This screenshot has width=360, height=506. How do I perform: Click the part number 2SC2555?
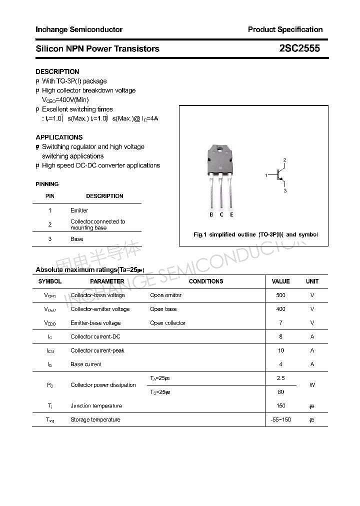(x=299, y=48)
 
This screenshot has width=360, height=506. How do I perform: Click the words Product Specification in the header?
(x=285, y=29)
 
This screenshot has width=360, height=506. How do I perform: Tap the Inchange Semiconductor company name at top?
(x=79, y=29)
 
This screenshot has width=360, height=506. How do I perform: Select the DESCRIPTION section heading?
(x=57, y=71)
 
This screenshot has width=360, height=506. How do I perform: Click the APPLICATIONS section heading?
(x=59, y=137)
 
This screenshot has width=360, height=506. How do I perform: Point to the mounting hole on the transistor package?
(x=220, y=149)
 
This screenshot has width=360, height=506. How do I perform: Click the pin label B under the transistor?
(x=211, y=214)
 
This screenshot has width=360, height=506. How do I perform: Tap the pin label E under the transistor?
(x=231, y=214)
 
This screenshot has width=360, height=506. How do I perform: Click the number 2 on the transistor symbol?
(x=284, y=160)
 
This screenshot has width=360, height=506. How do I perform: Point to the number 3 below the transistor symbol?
(x=284, y=191)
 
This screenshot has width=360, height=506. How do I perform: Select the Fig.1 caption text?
(x=255, y=234)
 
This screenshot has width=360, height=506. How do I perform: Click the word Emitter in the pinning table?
(x=79, y=210)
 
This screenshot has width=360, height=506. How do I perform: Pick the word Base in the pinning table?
(x=76, y=239)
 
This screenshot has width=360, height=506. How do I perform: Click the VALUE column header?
(x=280, y=281)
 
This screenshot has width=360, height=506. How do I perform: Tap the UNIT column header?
(x=312, y=281)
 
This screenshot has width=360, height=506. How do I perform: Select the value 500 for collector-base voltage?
(x=280, y=295)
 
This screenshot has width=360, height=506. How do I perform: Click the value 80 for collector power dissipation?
(x=280, y=392)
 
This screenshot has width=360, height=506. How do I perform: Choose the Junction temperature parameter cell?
(x=96, y=405)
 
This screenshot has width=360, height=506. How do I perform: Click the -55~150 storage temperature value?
(x=280, y=419)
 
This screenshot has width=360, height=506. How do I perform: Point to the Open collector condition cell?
(x=167, y=323)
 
